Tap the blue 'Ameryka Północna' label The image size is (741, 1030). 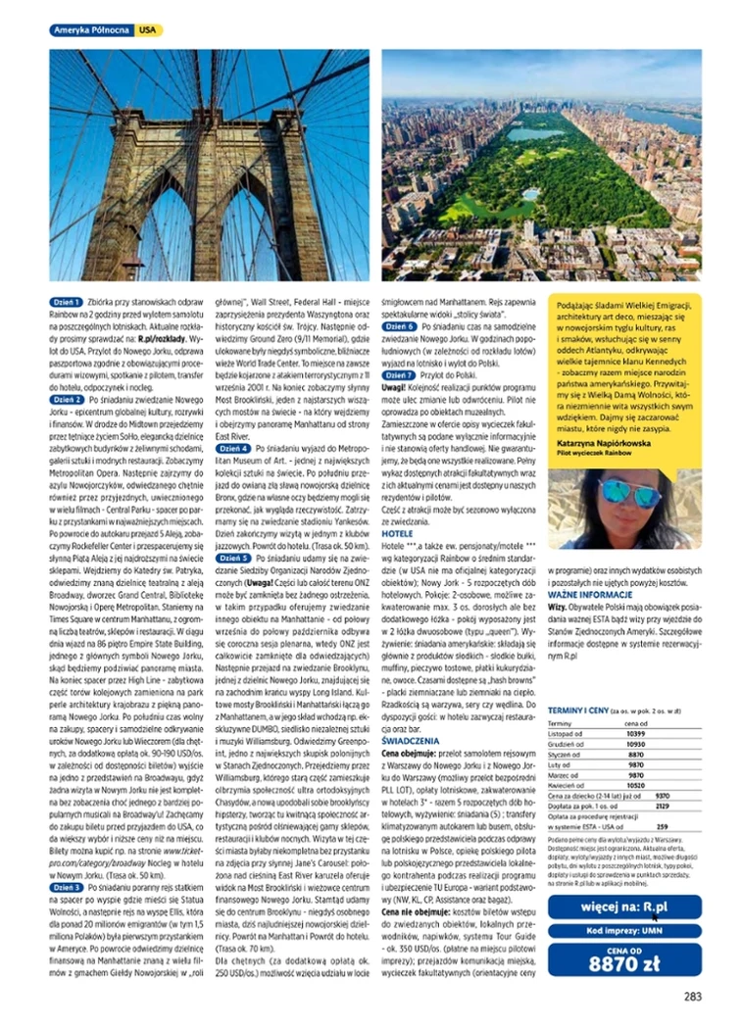90,31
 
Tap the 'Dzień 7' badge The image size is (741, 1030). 399,375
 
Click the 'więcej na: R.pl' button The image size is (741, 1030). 624,907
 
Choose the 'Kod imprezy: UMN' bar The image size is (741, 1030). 624,932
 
